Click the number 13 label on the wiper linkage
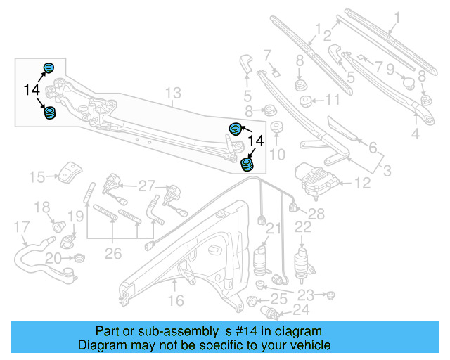coord(173,93)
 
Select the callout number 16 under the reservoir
coord(175,300)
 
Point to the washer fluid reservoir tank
coord(190,253)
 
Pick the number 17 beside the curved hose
coord(22,227)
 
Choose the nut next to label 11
coord(307,101)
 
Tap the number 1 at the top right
coord(396,16)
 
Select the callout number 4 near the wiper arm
coord(415,133)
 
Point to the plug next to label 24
coord(268,311)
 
